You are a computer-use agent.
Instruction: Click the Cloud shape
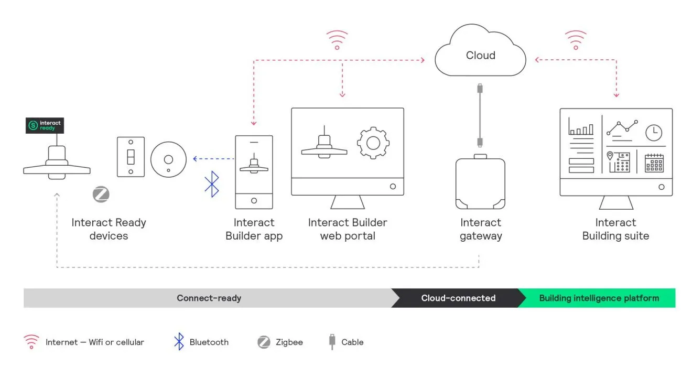point(480,55)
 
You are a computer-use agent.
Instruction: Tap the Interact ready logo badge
point(45,125)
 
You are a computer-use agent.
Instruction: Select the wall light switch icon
point(131,157)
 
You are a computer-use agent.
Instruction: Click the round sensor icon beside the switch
point(168,159)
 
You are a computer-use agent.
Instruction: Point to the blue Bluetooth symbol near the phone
point(211,184)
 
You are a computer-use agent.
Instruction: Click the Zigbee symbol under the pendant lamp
point(101,194)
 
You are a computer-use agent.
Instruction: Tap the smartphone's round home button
point(254,201)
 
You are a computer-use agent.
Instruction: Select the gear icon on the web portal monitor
point(373,142)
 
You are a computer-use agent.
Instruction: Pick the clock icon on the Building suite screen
point(653,133)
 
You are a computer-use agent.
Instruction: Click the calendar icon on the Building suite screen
point(654,163)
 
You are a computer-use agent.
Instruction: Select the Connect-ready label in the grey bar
point(209,298)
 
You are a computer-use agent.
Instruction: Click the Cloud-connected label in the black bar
point(458,298)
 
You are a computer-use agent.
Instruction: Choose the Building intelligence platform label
point(599,298)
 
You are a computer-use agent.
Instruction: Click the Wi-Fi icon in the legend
point(31,342)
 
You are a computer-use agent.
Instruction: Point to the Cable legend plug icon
point(331,342)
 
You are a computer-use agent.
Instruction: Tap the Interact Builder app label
point(254,229)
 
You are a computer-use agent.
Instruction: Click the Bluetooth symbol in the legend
point(179,342)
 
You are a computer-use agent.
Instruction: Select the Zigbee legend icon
point(264,342)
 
